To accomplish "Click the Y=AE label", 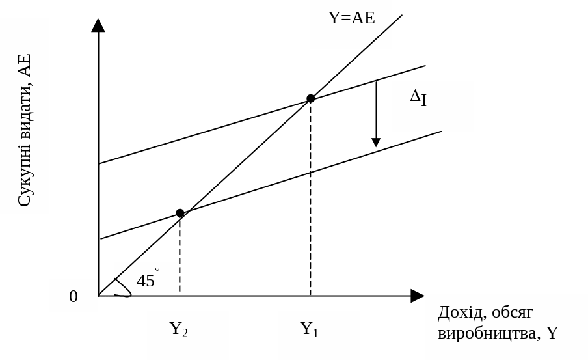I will (351, 18).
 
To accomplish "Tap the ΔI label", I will (418, 98).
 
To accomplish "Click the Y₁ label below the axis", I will (310, 329).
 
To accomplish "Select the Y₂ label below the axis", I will (179, 329).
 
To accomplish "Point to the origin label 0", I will (73, 297).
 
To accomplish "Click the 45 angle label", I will (146, 281).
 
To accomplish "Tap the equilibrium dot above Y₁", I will (310, 98).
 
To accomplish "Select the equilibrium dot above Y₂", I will (180, 213).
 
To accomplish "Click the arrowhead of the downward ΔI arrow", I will (375, 141).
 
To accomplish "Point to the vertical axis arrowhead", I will (98, 25).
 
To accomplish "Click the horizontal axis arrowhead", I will (417, 296).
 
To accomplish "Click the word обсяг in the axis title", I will (513, 312).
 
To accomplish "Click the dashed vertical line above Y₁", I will (310, 195).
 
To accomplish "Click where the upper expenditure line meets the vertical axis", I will (99, 163).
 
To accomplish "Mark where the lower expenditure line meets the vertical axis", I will (99, 238).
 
